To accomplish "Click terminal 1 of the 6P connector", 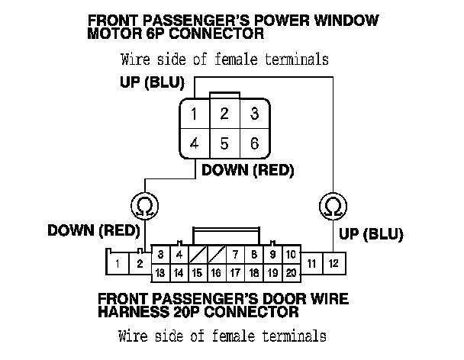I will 195,115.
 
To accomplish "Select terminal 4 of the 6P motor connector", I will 195,143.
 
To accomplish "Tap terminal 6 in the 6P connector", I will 253,143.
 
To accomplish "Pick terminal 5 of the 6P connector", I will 224,143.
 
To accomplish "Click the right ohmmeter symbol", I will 333,204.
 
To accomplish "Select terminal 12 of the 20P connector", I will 333,263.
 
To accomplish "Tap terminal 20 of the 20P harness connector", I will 291,272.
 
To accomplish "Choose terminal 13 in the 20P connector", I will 160,272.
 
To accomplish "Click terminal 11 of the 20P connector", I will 311,263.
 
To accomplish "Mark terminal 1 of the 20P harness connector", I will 118,264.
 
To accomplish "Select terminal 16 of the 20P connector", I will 216,272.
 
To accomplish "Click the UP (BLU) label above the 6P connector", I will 150,82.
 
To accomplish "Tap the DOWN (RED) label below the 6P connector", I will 247,171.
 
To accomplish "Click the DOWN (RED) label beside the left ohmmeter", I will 92,230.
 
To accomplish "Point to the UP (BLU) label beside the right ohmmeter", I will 372,233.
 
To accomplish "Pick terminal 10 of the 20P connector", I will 291,254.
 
